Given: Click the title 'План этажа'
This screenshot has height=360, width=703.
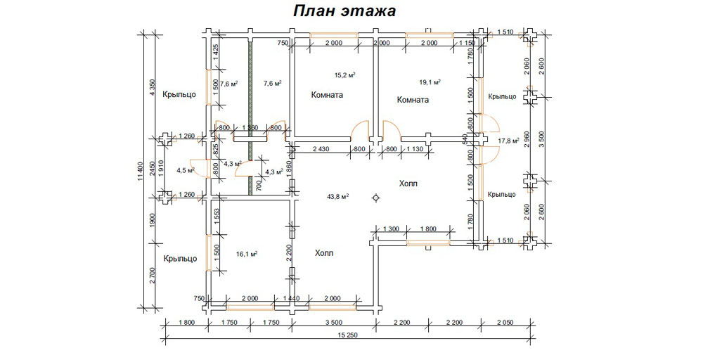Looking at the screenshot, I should (x=344, y=12).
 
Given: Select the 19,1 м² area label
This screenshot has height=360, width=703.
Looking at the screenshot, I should (x=430, y=82).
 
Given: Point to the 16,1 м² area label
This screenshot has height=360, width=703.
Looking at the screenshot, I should (x=247, y=254).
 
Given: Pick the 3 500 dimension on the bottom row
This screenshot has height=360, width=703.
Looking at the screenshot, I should (x=333, y=322).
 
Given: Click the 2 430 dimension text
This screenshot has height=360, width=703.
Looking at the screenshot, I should (x=321, y=149).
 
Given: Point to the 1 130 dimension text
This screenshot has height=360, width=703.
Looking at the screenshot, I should (x=415, y=149).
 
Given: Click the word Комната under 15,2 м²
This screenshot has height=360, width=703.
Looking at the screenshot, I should (x=327, y=95).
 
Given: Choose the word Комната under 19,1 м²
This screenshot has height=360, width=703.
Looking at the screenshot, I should (x=413, y=100).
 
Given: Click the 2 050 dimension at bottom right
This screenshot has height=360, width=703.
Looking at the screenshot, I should (x=505, y=322).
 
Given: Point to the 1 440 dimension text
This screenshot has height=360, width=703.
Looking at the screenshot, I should (x=290, y=299).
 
